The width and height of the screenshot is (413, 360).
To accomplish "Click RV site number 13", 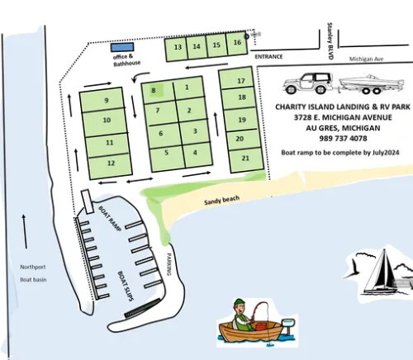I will point(178,47).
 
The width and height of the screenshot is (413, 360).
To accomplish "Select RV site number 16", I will point(237,43).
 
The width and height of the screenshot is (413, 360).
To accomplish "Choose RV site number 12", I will point(110,163).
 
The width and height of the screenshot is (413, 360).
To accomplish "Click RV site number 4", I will point(195,152).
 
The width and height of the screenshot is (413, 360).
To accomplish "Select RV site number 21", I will point(244,157).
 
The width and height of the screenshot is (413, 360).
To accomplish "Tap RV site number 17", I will point(240,81).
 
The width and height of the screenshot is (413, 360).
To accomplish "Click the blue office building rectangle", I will point(121,47).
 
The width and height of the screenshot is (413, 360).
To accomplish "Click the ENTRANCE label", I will point(268,57).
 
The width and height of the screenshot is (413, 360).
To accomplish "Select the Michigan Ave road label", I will point(366,59).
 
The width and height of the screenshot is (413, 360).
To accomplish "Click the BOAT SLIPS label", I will point(125,288).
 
